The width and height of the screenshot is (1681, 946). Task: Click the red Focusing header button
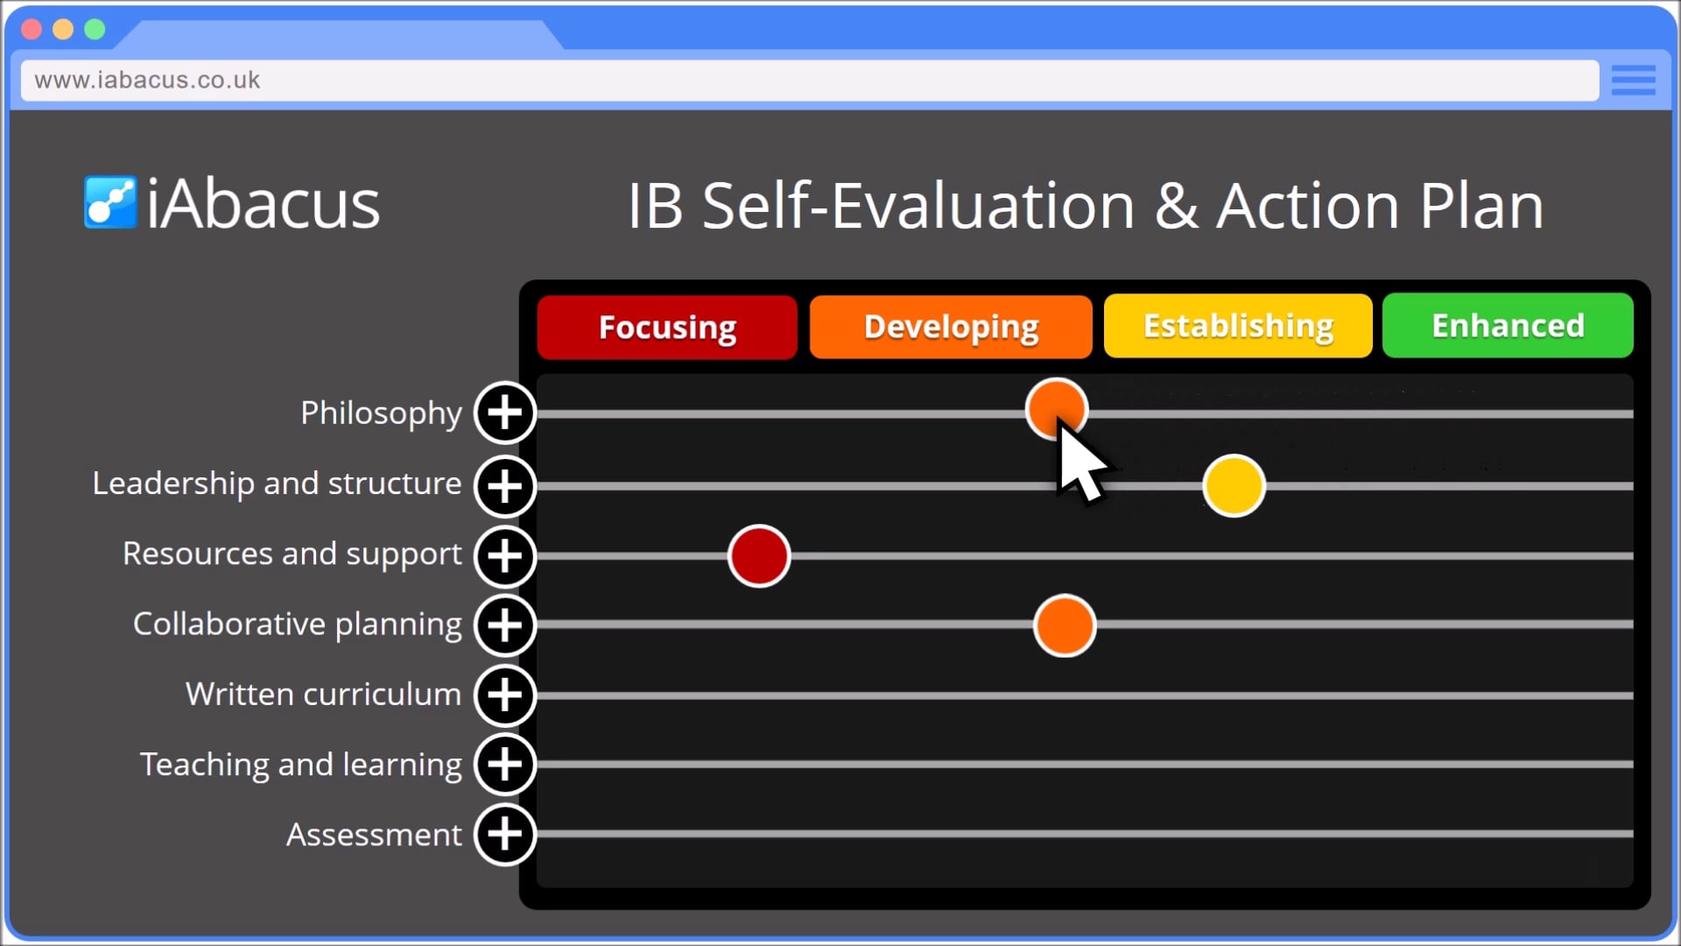(x=667, y=327)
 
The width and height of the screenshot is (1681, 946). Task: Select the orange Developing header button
(x=951, y=327)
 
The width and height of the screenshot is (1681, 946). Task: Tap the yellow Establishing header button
(x=1238, y=326)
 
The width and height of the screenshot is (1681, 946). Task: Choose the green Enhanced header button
(x=1508, y=326)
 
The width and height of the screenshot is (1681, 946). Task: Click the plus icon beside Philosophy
(x=505, y=413)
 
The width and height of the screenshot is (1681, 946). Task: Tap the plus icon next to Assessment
(x=505, y=834)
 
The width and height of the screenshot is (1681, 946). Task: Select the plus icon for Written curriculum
(x=505, y=695)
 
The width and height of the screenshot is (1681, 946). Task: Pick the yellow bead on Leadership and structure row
(x=1234, y=485)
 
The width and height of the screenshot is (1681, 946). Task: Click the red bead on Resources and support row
(x=759, y=555)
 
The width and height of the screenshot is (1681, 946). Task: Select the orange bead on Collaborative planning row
(x=1065, y=625)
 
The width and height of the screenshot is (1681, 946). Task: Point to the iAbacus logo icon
(x=110, y=202)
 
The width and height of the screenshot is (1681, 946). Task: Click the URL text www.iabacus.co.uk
(x=147, y=80)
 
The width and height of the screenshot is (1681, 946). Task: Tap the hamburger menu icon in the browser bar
(x=1633, y=80)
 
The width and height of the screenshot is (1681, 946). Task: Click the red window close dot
(x=32, y=30)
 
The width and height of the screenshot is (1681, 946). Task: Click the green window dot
(x=95, y=30)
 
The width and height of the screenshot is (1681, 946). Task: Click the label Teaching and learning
(x=300, y=765)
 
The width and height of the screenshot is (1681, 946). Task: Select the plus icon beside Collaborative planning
(x=505, y=625)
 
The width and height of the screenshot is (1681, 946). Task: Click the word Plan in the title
(x=1481, y=207)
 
